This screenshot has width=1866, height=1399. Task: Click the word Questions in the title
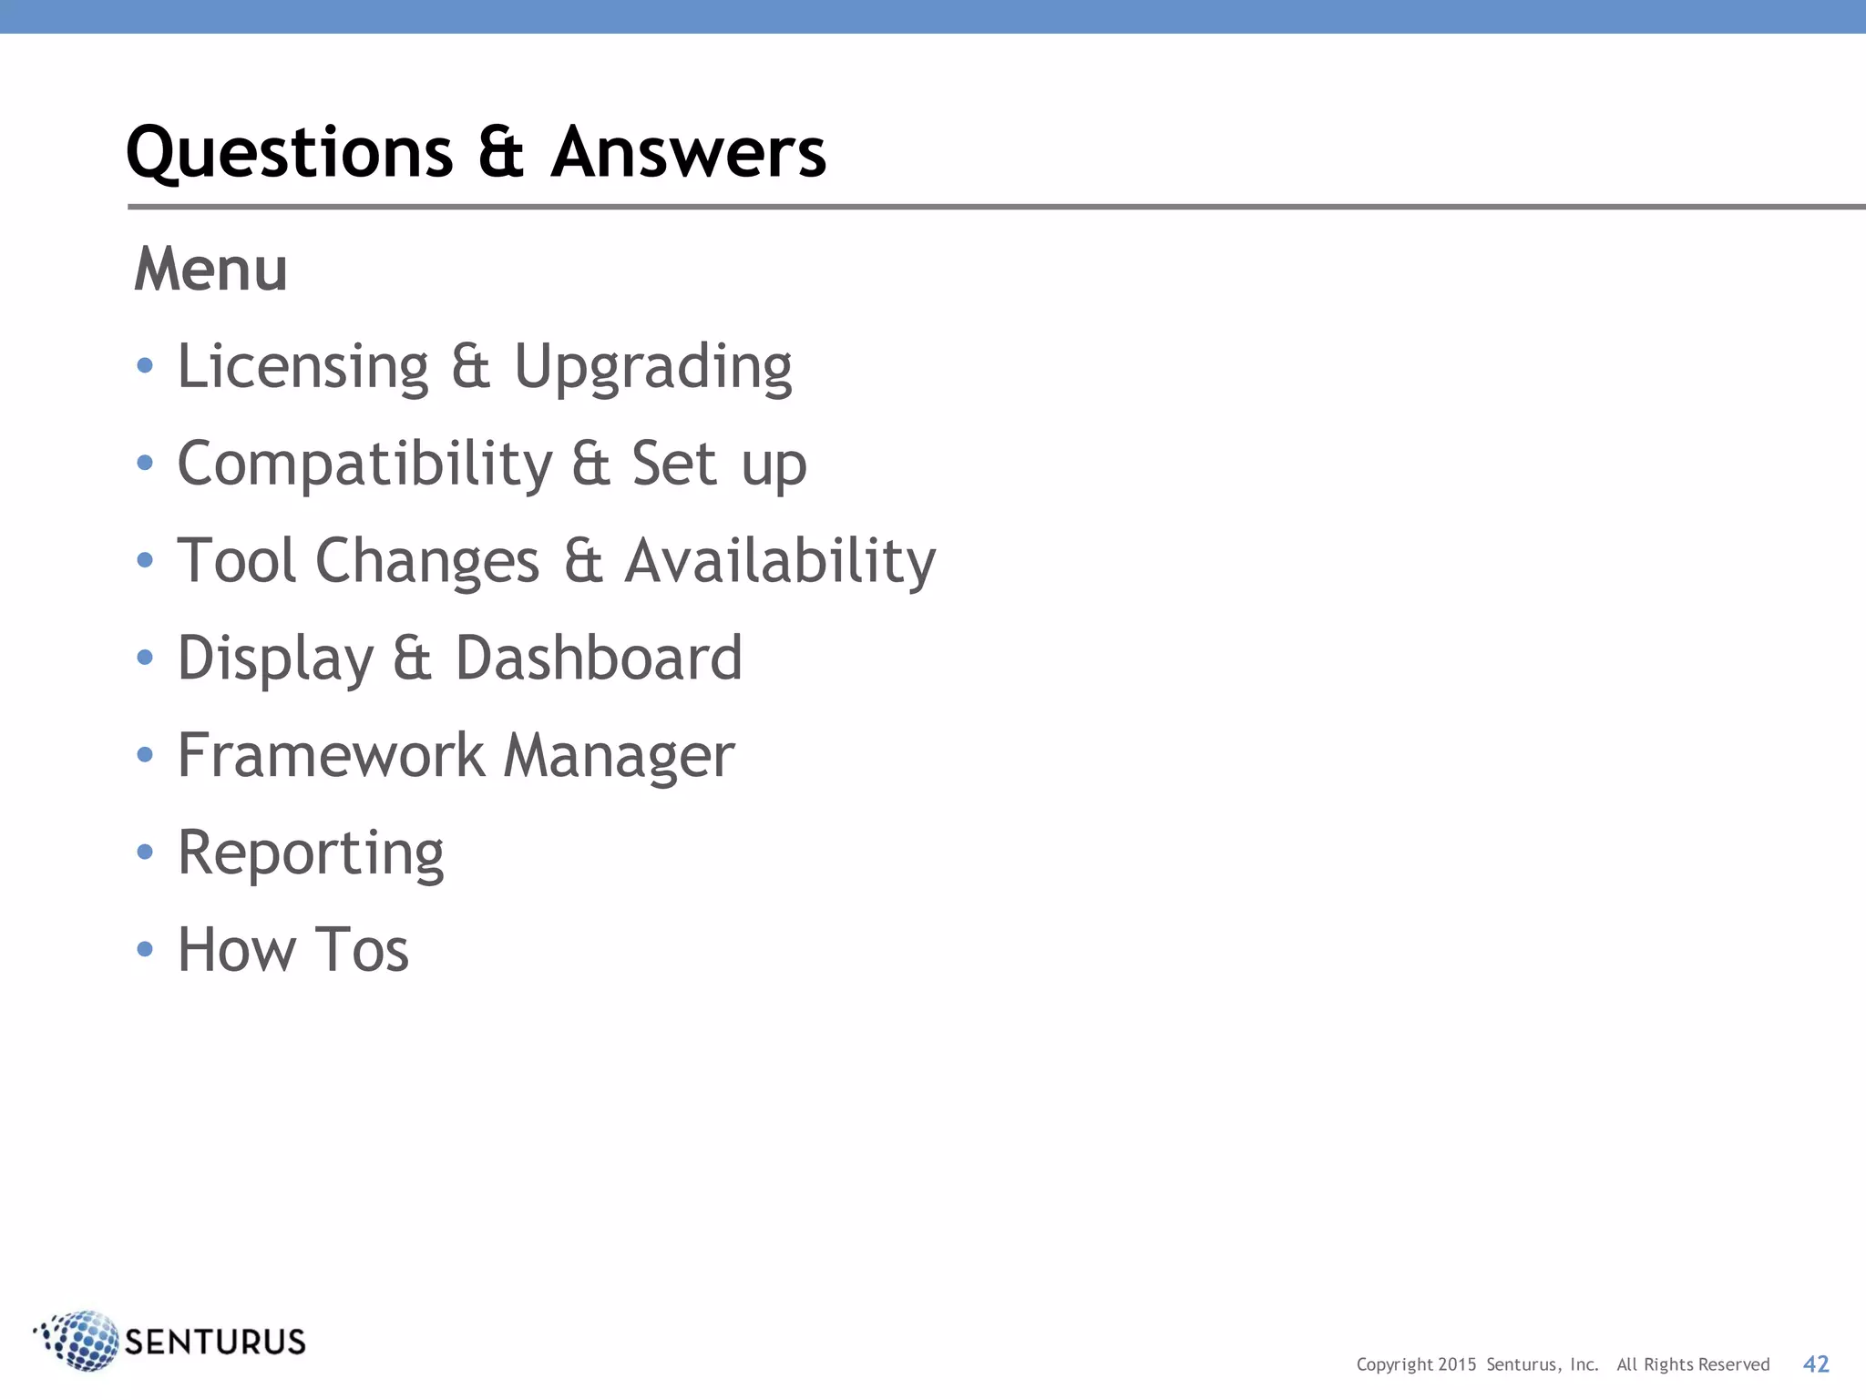290,153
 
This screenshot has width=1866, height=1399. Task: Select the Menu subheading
210,270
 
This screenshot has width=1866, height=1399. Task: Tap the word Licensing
302,367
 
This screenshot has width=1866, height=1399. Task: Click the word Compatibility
364,465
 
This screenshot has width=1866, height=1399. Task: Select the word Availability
780,561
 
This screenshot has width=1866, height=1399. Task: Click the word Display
275,659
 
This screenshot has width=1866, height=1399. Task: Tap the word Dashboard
599,658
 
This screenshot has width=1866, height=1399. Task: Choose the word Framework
331,755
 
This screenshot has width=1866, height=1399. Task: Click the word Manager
619,757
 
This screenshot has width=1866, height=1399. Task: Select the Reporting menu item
310,854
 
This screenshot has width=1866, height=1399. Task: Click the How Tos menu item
292,950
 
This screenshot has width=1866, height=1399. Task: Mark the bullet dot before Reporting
145,852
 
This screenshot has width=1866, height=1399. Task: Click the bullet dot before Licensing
145,366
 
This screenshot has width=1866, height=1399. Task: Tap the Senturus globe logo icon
80,1341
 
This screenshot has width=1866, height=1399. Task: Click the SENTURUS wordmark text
215,1343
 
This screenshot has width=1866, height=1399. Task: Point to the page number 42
1815,1363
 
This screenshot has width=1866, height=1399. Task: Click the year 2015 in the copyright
1457,1364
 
